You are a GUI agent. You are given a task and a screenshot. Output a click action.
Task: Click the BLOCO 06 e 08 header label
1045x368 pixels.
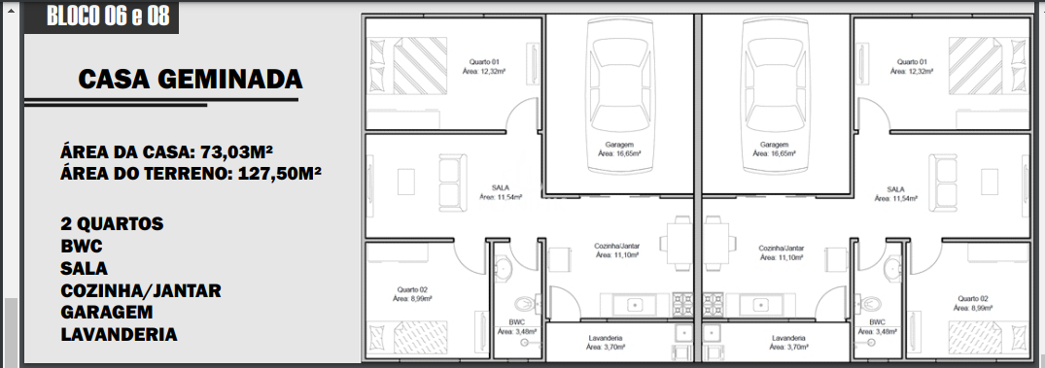(x=108, y=16)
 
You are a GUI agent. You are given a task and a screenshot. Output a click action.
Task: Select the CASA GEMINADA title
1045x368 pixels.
(x=191, y=80)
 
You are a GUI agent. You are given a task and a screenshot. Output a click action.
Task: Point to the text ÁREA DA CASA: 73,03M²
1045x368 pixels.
(x=166, y=152)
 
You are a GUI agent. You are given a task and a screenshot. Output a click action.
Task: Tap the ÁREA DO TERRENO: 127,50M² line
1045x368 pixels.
(x=192, y=175)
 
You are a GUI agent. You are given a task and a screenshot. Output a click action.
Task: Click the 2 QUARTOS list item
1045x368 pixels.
(x=112, y=223)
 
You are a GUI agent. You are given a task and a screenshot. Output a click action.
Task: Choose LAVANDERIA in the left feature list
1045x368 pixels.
(x=119, y=334)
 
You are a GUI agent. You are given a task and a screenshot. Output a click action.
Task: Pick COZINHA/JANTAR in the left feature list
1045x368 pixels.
(x=141, y=290)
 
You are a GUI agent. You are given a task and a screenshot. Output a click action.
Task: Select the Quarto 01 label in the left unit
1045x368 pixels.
(x=484, y=61)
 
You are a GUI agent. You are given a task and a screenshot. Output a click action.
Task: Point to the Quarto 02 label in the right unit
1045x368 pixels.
(x=973, y=299)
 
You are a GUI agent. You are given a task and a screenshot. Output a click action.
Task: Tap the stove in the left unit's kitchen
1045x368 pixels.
(x=683, y=305)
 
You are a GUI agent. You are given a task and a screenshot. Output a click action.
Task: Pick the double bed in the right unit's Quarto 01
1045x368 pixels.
(x=987, y=66)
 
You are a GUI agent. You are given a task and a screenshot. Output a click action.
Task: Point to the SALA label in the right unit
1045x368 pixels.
(x=895, y=189)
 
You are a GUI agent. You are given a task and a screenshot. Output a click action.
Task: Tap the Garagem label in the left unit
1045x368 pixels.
(x=619, y=145)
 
